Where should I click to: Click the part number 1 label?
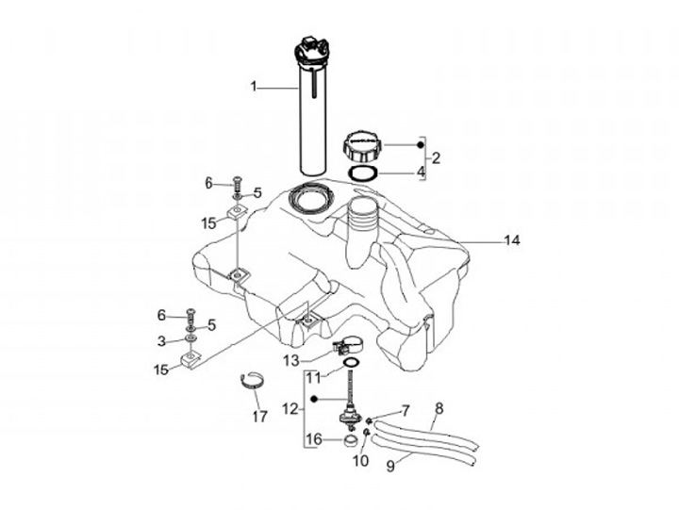pos(253,87)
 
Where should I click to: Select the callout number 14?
pos(511,240)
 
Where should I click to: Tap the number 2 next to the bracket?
pos(436,156)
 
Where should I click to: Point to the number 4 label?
pos(421,173)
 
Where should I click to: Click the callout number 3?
pos(161,340)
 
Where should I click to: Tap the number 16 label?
pos(316,438)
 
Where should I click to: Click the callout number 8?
pos(438,409)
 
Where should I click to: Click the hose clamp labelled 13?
pos(346,348)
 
